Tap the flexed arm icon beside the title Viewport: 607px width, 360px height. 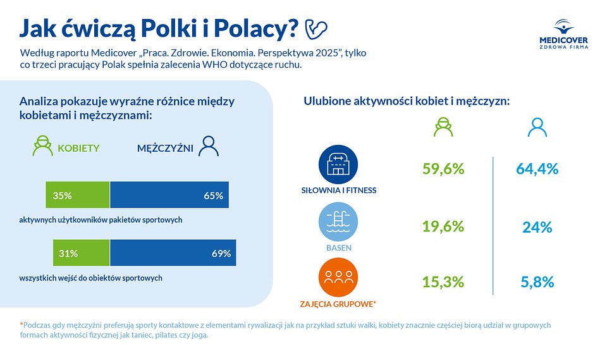click(x=316, y=28)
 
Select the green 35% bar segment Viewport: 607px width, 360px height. click(x=78, y=196)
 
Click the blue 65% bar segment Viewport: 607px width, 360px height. click(x=169, y=196)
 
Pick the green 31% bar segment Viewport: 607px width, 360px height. click(x=81, y=253)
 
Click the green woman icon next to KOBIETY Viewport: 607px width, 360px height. click(x=43, y=147)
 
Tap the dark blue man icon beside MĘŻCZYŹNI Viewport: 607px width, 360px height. click(x=209, y=147)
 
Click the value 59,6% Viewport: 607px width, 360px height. click(x=443, y=169)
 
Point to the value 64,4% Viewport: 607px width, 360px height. click(x=536, y=169)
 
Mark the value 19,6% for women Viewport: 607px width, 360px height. click(x=443, y=227)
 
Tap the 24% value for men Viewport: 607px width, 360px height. click(x=537, y=227)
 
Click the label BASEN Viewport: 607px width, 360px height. click(x=338, y=248)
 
